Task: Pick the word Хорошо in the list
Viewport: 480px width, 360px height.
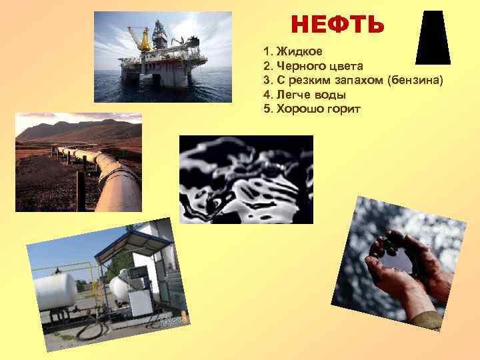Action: [x=297, y=108]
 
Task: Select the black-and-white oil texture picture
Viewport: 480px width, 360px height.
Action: [x=246, y=179]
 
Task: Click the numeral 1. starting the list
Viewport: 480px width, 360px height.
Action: [x=268, y=51]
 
